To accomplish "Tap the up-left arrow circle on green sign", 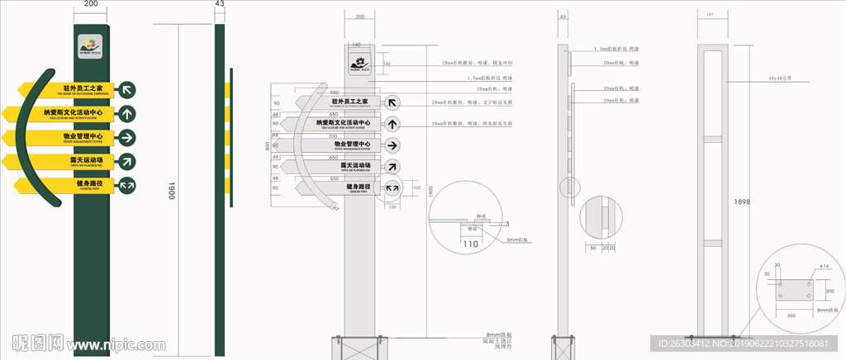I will [127, 89].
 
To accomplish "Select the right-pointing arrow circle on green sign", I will [127, 136].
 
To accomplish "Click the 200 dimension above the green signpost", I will [91, 4].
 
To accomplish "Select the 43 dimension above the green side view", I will [219, 4].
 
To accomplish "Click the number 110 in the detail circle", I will [471, 244].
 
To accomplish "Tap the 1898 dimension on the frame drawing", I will [742, 201].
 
